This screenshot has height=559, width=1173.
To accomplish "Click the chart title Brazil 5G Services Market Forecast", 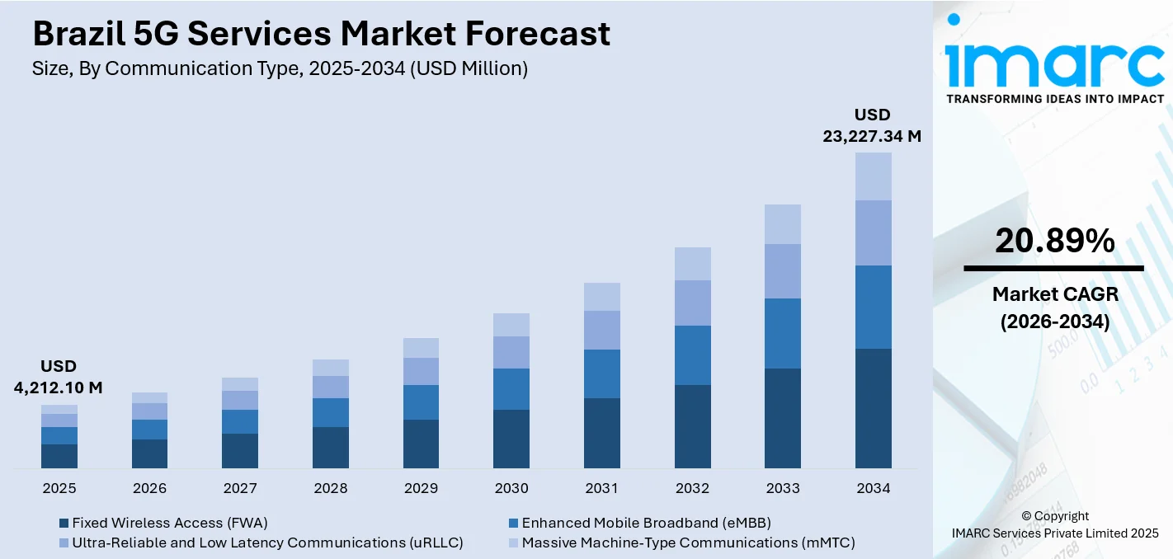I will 321,34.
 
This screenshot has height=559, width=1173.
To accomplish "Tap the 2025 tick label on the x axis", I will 59,489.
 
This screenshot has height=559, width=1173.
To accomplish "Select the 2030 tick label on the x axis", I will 511,489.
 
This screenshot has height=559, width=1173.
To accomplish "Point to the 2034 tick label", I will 873,489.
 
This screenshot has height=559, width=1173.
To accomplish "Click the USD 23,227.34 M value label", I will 872,126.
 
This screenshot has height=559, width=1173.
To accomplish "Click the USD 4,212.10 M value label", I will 59,378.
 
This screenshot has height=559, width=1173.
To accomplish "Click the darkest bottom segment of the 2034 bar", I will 873,408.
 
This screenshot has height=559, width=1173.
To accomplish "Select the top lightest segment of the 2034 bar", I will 873,176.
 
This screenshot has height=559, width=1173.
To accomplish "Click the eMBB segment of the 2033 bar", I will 782,333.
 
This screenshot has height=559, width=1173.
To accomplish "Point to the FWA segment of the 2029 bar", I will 421,444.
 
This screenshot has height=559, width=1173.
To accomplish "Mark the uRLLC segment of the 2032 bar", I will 692,303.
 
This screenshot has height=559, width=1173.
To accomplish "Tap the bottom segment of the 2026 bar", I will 149,453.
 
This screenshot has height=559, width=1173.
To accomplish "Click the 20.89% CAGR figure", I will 1054,241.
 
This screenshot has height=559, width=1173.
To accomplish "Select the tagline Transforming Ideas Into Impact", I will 1054,99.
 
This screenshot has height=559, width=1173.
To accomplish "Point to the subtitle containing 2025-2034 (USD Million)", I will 280,69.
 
